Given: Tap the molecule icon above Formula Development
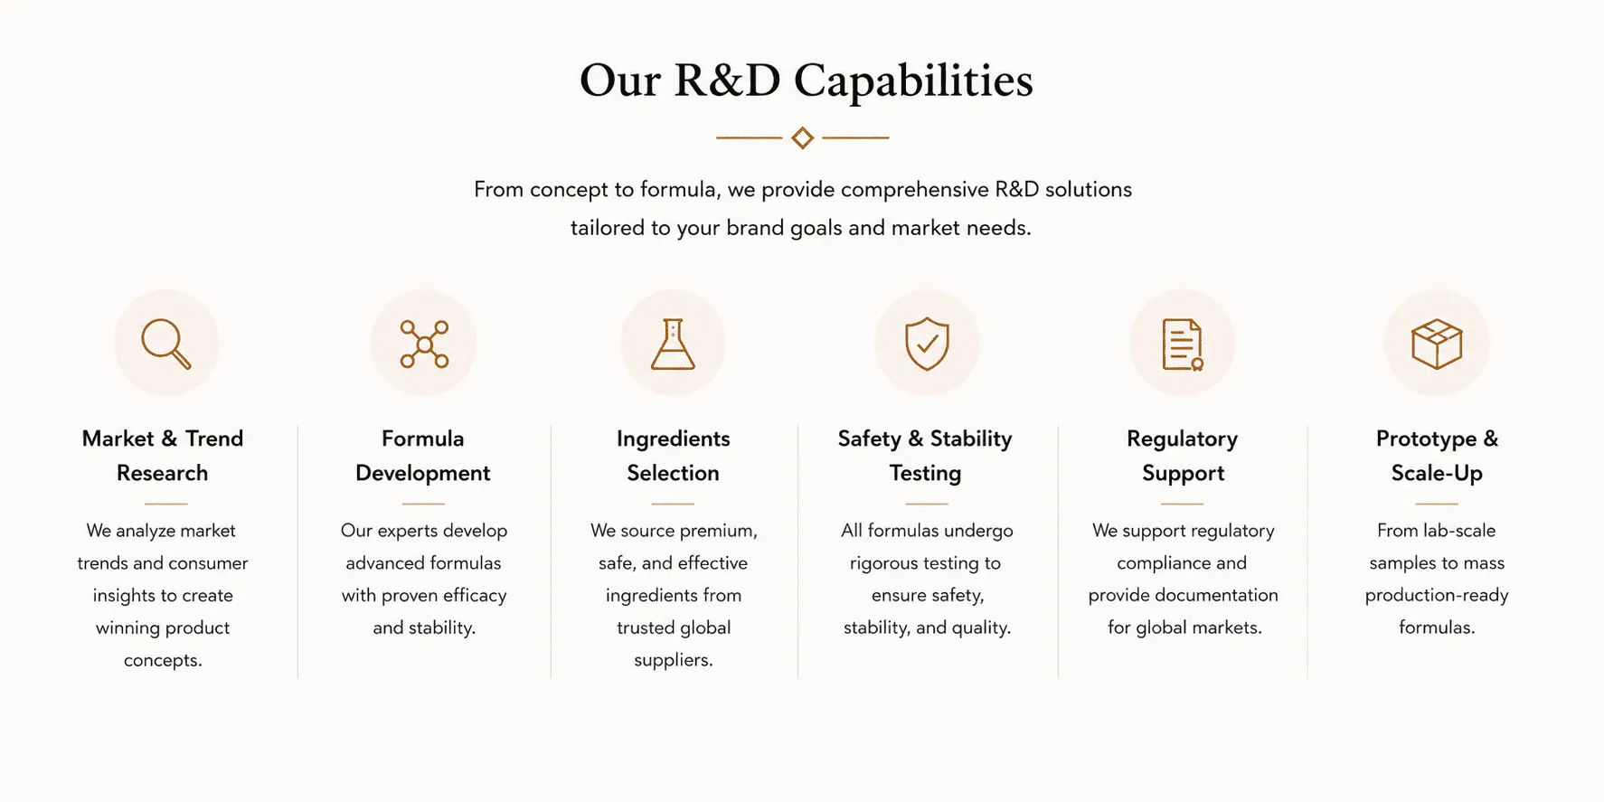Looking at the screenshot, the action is click(424, 344).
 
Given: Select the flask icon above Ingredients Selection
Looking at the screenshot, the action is click(673, 344).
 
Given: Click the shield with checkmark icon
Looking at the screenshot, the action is click(927, 344).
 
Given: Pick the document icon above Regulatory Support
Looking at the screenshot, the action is click(1183, 344).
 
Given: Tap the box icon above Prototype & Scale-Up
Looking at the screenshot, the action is click(1437, 344).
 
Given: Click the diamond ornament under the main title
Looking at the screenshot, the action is click(802, 137).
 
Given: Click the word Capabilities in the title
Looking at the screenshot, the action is click(913, 80).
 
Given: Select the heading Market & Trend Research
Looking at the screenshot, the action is click(163, 456).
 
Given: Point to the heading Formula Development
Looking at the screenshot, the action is click(423, 456).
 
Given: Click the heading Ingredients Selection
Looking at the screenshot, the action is click(673, 456).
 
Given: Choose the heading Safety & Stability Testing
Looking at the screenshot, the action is click(925, 456).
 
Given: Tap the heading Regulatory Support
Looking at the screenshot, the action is click(1183, 456).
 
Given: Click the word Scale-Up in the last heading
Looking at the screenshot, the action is click(1437, 473).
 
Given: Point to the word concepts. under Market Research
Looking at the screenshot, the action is click(163, 660).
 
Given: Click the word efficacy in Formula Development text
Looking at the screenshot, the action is click(475, 596).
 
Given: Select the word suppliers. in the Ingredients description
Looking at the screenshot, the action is click(674, 660).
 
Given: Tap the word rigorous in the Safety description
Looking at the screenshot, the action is click(883, 563).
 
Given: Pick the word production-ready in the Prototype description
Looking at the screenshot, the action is click(1437, 596).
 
